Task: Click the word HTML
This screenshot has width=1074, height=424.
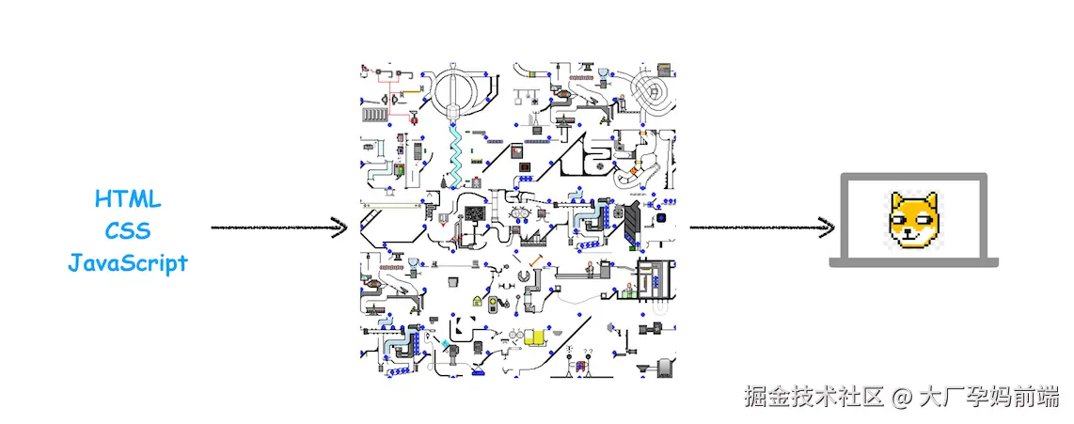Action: point(128,199)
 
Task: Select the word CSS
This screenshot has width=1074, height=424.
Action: point(128,231)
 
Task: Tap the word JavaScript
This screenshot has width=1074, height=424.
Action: point(128,262)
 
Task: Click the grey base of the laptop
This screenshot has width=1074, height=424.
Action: point(912,263)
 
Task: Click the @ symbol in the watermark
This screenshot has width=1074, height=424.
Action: point(901,397)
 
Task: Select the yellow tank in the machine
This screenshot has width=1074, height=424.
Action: point(535,336)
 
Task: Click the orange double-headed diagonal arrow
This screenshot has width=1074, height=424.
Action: point(538,260)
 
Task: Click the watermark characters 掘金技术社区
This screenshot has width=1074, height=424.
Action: point(813,397)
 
